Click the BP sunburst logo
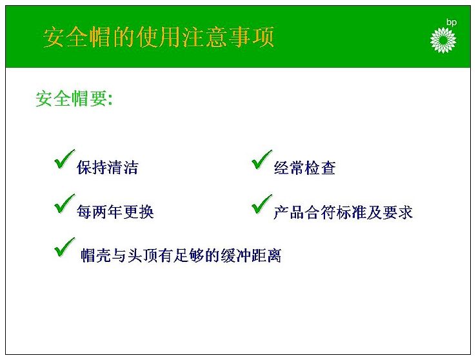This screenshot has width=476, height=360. pyautogui.click(x=443, y=40)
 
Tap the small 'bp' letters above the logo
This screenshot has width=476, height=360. pyautogui.click(x=451, y=23)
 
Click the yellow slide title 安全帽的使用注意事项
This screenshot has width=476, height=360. pyautogui.click(x=159, y=37)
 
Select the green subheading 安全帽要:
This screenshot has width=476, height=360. pyautogui.click(x=74, y=98)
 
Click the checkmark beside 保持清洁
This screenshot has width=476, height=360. pyautogui.click(x=64, y=159)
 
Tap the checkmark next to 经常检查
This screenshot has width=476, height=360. pyautogui.click(x=262, y=159)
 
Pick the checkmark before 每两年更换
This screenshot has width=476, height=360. pyautogui.click(x=64, y=203)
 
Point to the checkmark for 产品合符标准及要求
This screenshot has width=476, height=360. pyautogui.click(x=262, y=204)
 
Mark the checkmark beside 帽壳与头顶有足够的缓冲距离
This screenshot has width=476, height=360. pyautogui.click(x=64, y=247)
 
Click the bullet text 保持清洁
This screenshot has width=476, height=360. pyautogui.click(x=108, y=167)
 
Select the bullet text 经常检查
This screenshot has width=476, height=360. pyautogui.click(x=304, y=168)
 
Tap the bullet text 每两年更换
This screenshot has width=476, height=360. pyautogui.click(x=115, y=212)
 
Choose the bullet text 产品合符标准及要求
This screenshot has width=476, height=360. pyautogui.click(x=343, y=212)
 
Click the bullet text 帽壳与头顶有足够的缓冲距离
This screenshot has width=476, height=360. pyautogui.click(x=181, y=255)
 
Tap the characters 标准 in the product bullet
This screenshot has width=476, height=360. pyautogui.click(x=351, y=212)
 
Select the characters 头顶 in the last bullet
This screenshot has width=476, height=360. pyautogui.click(x=143, y=255)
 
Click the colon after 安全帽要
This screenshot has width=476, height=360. pyautogui.click(x=110, y=99)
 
